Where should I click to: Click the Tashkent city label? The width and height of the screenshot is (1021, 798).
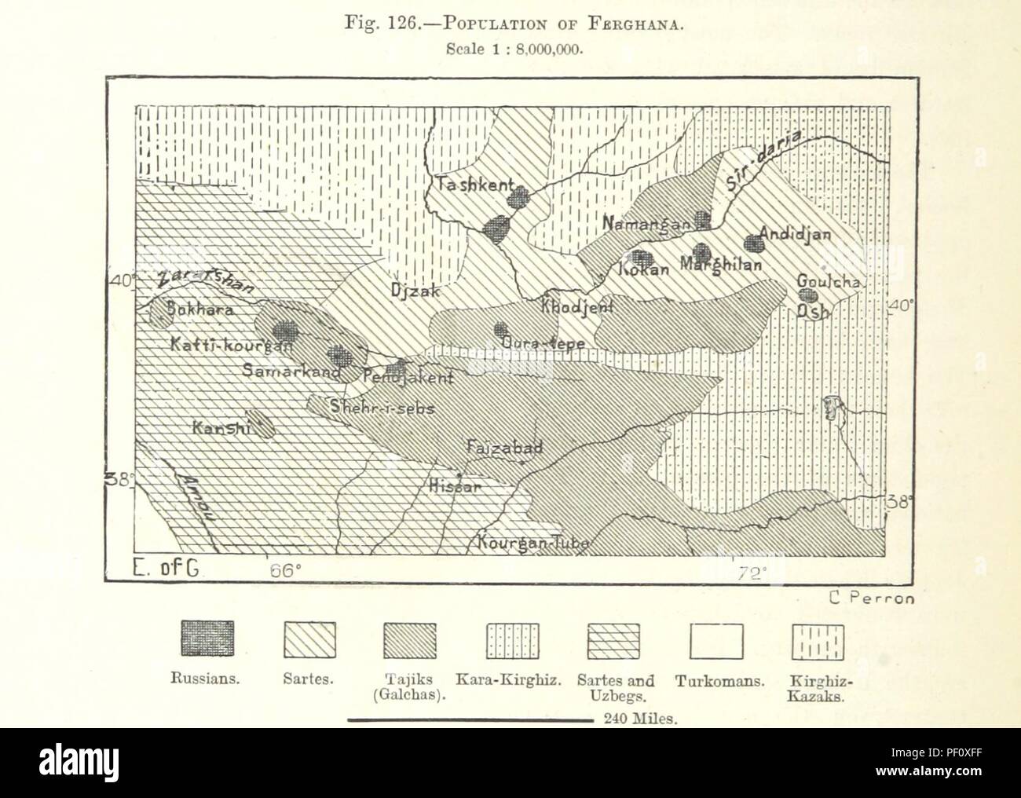pyautogui.click(x=470, y=186)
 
